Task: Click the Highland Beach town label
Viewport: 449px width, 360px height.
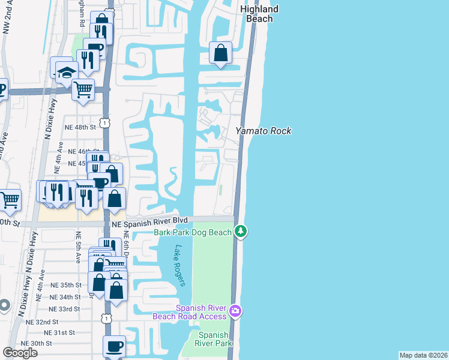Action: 259,14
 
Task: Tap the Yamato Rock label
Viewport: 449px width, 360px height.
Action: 263,131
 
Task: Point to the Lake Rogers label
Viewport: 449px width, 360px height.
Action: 179,265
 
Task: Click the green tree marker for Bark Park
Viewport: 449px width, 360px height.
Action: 241,230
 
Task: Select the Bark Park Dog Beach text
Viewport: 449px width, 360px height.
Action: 192,232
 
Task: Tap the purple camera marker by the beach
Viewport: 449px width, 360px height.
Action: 235,311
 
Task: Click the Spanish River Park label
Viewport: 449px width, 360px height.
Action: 213,340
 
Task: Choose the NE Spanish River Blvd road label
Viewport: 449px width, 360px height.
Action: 149,221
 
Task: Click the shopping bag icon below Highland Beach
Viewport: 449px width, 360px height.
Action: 221,53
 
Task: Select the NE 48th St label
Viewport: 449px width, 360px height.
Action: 80,127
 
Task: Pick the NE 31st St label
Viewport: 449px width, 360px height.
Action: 59,332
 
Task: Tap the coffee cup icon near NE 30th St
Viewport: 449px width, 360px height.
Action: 114,346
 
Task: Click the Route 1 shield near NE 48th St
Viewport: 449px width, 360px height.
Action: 104,123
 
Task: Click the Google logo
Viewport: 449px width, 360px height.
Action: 20,353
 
